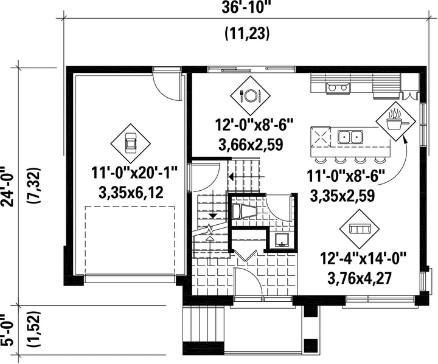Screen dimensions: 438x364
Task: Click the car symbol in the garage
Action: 130,143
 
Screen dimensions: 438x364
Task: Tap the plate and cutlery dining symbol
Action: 250,96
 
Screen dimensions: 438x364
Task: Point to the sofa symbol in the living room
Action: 360,230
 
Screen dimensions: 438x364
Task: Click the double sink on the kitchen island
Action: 350,137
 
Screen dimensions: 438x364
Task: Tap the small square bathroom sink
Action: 282,240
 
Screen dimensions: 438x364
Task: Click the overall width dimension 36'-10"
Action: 246,7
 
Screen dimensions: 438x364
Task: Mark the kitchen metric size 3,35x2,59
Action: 342,196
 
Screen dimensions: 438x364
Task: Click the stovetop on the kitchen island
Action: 321,137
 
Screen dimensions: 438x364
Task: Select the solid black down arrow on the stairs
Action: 213,216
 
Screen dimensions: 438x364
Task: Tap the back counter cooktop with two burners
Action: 338,88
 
